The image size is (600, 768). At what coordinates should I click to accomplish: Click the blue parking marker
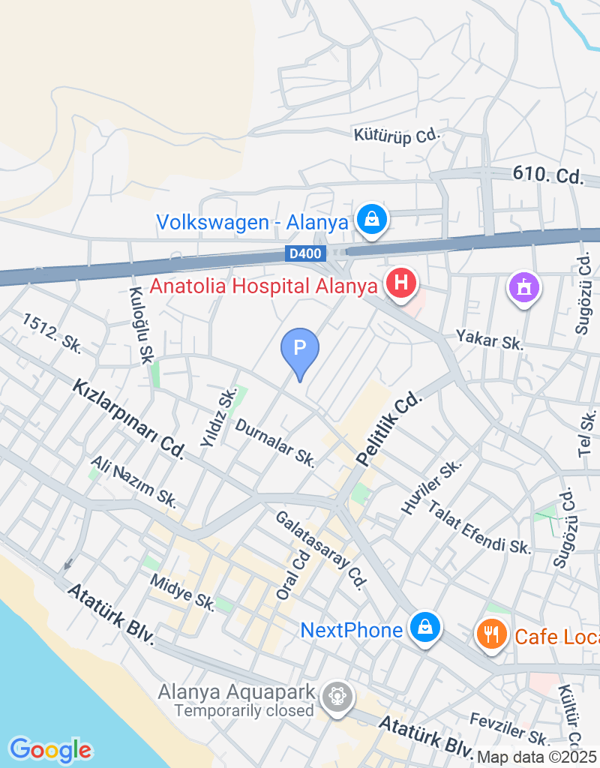[300, 349]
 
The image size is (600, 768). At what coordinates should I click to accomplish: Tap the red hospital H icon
[400, 283]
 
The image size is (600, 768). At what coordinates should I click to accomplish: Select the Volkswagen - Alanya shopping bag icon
[370, 219]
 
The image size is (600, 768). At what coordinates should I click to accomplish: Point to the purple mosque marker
[524, 286]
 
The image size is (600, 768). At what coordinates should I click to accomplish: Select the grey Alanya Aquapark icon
[337, 695]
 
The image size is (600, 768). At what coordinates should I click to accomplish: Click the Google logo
[50, 749]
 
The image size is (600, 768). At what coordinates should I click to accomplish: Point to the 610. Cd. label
[548, 175]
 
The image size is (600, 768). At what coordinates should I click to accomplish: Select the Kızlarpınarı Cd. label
[128, 418]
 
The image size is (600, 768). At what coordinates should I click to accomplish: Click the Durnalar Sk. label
[274, 442]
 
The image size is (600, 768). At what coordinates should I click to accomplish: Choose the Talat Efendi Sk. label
[479, 526]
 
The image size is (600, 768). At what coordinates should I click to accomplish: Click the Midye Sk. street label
[182, 591]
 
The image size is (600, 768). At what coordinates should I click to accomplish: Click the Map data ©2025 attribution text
[537, 757]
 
